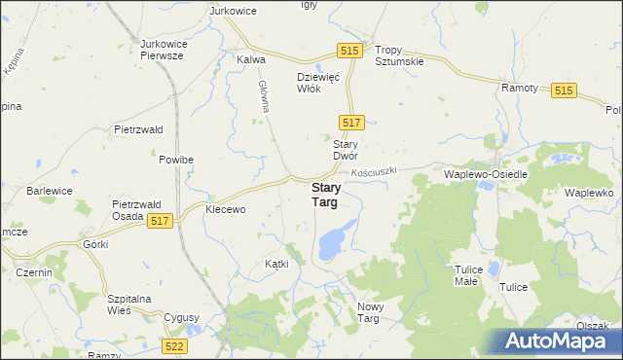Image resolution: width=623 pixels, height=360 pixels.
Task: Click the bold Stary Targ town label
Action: click(325, 195)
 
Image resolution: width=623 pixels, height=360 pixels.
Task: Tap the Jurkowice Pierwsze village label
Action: click(176, 51)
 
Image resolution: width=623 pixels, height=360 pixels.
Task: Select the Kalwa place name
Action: click(251, 59)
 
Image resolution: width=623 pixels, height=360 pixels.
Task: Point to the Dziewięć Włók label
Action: click(316, 83)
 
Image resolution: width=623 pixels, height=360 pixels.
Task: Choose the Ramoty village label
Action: click(520, 88)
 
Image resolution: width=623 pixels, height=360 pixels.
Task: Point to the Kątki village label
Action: click(276, 265)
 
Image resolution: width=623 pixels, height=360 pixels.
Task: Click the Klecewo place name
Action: click(225, 209)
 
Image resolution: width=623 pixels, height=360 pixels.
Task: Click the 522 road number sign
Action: click(174, 345)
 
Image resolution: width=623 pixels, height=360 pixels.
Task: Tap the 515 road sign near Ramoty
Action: click(564, 90)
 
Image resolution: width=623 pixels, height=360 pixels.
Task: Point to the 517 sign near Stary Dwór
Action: click(352, 122)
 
